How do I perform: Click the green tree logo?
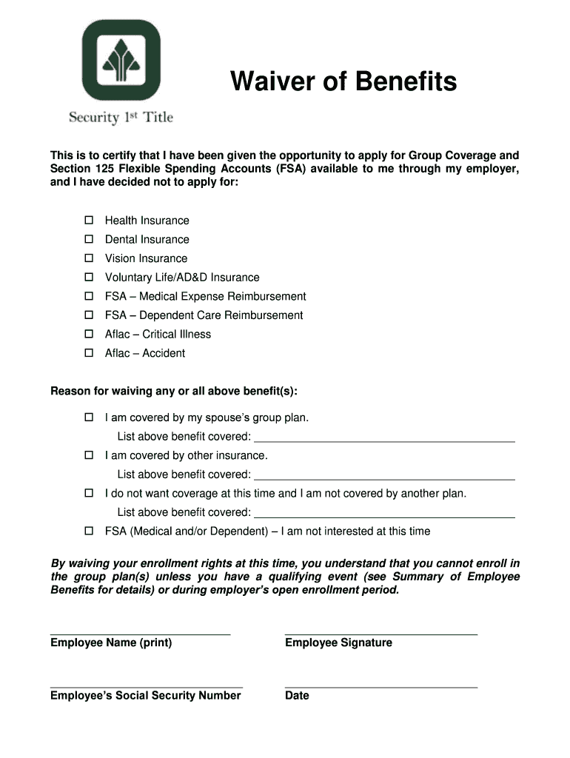121,61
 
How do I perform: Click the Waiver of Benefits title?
343,81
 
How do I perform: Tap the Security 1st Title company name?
121,117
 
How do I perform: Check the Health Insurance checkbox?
89,221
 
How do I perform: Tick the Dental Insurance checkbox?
89,239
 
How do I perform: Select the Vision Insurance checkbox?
89,258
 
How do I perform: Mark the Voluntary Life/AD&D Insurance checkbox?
89,278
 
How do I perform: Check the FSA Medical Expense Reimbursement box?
89,296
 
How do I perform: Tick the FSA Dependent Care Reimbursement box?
89,315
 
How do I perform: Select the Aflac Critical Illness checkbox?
89,334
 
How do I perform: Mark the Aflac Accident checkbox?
89,353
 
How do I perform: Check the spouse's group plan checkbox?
89,417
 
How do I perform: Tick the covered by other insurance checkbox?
89,455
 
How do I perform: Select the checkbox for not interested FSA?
89,531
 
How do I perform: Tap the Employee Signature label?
338,643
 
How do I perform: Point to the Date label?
297,696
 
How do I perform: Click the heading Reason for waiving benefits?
178,391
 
